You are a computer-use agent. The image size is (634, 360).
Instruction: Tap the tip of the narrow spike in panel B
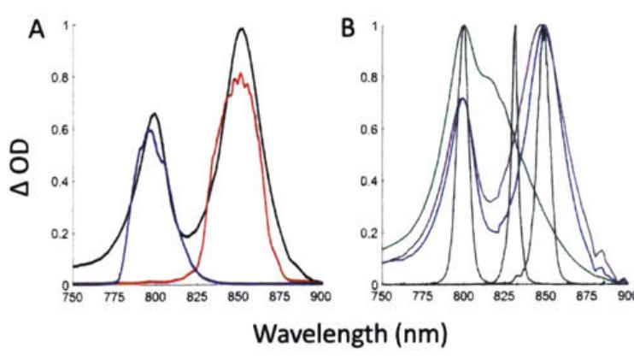point(515,26)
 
